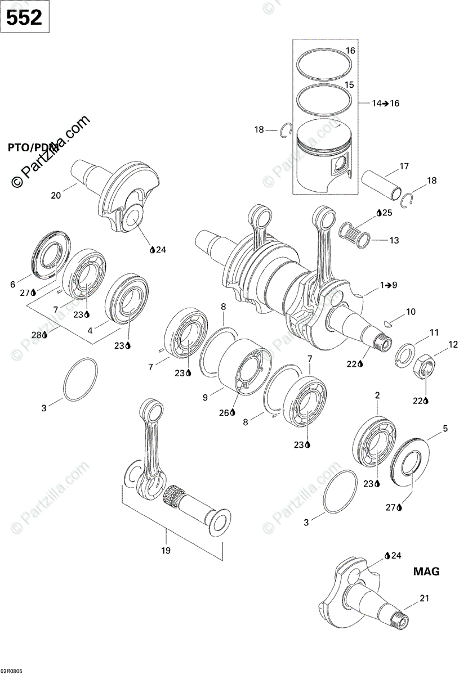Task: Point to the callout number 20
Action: point(56,195)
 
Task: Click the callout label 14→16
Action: point(385,103)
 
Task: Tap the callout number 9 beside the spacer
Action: point(205,397)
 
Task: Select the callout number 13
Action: point(394,240)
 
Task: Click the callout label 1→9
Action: point(389,285)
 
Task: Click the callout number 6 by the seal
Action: point(12,285)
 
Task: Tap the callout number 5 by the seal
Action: point(445,428)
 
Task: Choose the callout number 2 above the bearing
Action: point(377,397)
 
